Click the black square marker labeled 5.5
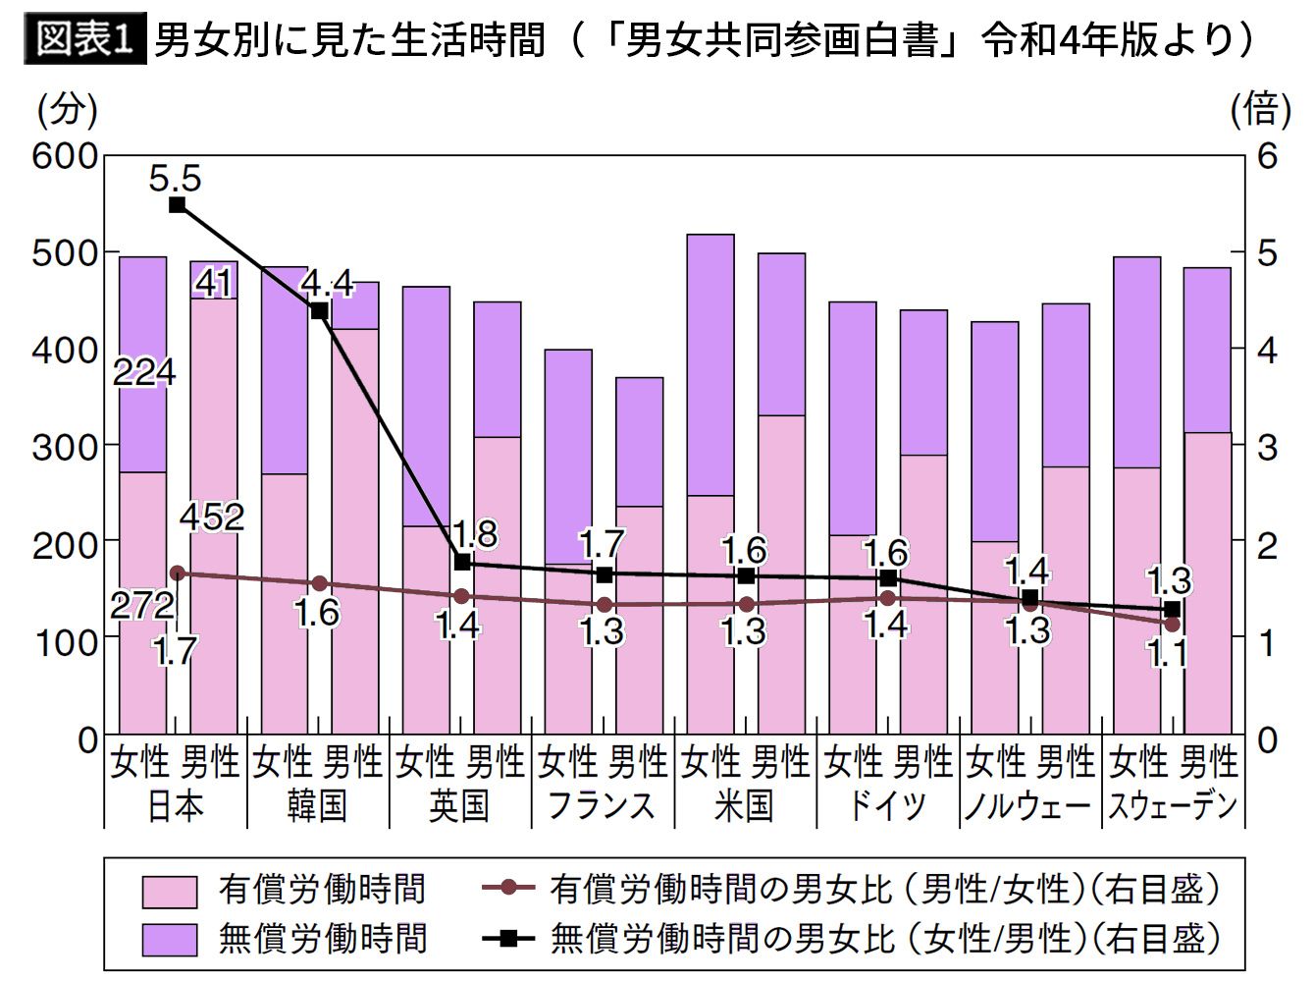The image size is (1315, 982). click(178, 205)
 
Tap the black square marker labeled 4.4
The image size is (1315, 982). click(319, 311)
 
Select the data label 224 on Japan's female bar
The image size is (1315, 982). click(144, 372)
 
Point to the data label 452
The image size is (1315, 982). click(212, 517)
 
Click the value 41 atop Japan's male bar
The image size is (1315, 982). click(213, 284)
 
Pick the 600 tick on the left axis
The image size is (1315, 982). click(66, 156)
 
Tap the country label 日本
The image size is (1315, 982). click(176, 806)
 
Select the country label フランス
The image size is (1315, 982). click(601, 806)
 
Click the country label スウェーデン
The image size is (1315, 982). click(1173, 806)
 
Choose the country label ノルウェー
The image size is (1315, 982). click(1028, 806)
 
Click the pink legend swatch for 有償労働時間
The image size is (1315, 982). click(170, 892)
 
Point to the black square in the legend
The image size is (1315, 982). click(508, 939)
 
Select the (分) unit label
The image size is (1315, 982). click(68, 110)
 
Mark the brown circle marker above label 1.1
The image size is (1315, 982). click(1172, 624)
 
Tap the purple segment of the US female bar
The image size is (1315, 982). click(710, 365)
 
